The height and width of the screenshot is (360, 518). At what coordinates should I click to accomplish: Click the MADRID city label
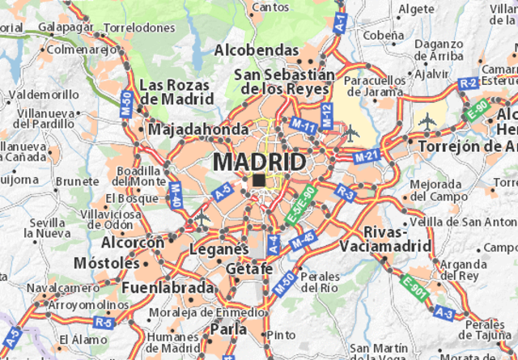260,162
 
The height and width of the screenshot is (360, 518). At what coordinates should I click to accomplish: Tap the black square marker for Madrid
257,180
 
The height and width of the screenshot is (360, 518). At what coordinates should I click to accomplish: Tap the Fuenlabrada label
168,287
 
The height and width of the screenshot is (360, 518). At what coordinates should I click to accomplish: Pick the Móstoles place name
105,264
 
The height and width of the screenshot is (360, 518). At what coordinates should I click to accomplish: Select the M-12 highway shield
325,115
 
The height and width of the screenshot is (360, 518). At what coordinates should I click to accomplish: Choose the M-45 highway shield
302,239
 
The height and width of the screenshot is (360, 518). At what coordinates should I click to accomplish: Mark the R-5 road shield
103,322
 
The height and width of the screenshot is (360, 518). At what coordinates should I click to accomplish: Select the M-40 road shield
175,193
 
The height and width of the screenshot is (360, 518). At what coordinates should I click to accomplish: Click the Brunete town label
77,181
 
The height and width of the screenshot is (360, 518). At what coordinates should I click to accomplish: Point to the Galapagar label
65,27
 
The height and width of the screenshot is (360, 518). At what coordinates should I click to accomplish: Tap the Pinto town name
281,334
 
